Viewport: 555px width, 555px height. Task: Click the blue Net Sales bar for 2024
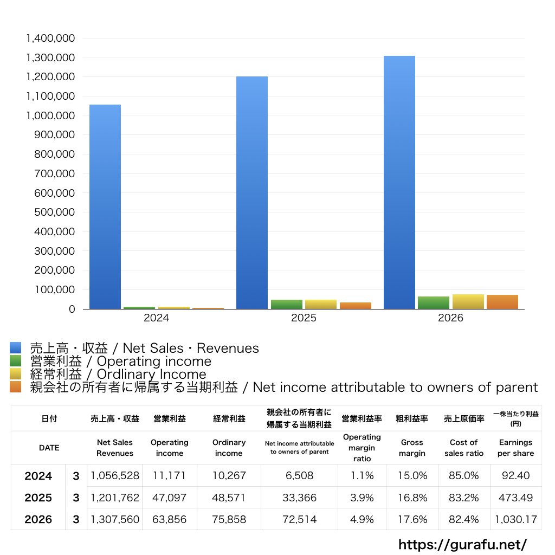pyautogui.click(x=105, y=206)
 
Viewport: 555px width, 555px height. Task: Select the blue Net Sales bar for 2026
pyautogui.click(x=399, y=182)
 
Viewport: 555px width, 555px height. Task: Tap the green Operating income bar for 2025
pyautogui.click(x=287, y=305)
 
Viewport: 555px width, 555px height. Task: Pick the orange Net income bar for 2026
pyautogui.click(x=502, y=302)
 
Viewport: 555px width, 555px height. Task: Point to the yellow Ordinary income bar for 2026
pyautogui.click(x=468, y=301)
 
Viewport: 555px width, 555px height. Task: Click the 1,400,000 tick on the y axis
pyautogui.click(x=50, y=38)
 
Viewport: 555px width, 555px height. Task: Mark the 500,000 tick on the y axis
pyautogui.click(x=55, y=212)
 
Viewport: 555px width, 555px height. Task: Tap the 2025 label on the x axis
pyautogui.click(x=304, y=318)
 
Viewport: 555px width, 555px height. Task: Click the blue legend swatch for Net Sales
pyautogui.click(x=16, y=347)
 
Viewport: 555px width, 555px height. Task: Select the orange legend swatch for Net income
pyautogui.click(x=16, y=386)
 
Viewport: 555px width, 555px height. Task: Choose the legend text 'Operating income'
pyautogui.click(x=154, y=361)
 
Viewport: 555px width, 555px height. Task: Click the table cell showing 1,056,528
pyautogui.click(x=115, y=475)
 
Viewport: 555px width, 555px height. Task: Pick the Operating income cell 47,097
pyautogui.click(x=169, y=498)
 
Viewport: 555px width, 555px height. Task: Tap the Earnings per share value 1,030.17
pyautogui.click(x=516, y=519)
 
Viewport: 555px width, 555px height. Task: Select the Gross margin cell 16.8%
pyautogui.click(x=412, y=498)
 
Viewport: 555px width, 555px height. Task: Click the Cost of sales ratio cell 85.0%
pyautogui.click(x=464, y=475)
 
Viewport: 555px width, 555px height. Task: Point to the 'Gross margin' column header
pyautogui.click(x=412, y=448)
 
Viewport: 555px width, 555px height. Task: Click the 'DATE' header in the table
pyautogui.click(x=49, y=448)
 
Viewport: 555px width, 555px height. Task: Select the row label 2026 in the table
pyautogui.click(x=38, y=519)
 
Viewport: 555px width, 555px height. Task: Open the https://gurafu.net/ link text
pyautogui.click(x=463, y=544)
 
